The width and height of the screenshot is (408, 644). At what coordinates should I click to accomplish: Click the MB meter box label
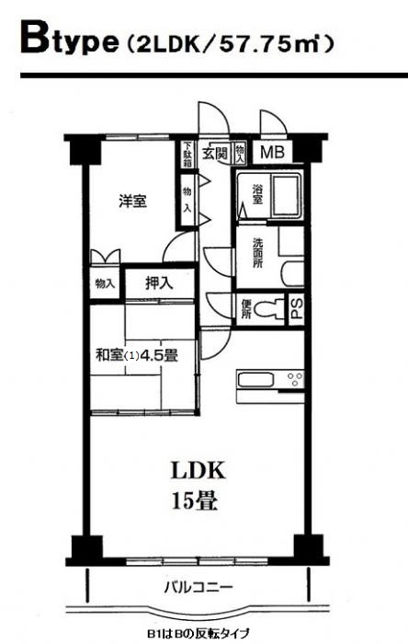pos(273,153)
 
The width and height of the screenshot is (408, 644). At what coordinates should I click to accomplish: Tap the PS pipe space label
pos(298,308)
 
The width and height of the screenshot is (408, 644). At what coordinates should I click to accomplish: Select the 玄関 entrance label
pos(214,154)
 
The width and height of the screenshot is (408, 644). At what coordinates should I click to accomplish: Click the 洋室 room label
pos(132,201)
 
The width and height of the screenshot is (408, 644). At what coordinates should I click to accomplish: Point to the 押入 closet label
pos(159,283)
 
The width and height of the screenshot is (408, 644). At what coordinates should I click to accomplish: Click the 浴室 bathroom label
pos(257,195)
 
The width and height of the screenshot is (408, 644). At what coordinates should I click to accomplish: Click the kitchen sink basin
pos(255,379)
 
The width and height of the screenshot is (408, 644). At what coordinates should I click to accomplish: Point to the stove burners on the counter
pos(295,379)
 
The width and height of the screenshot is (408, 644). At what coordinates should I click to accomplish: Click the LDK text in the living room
pos(198,470)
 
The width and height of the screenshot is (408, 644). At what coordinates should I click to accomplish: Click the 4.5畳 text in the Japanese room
pos(159,356)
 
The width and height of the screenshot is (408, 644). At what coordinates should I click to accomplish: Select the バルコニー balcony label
pos(198,587)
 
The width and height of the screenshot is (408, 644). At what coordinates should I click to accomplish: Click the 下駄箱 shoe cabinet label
pos(187,154)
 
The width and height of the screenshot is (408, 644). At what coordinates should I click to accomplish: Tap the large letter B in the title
pos(36,38)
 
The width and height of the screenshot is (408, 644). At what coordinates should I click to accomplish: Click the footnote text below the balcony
pos(198,633)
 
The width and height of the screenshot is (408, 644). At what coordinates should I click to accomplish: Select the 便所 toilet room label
pos(245,308)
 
